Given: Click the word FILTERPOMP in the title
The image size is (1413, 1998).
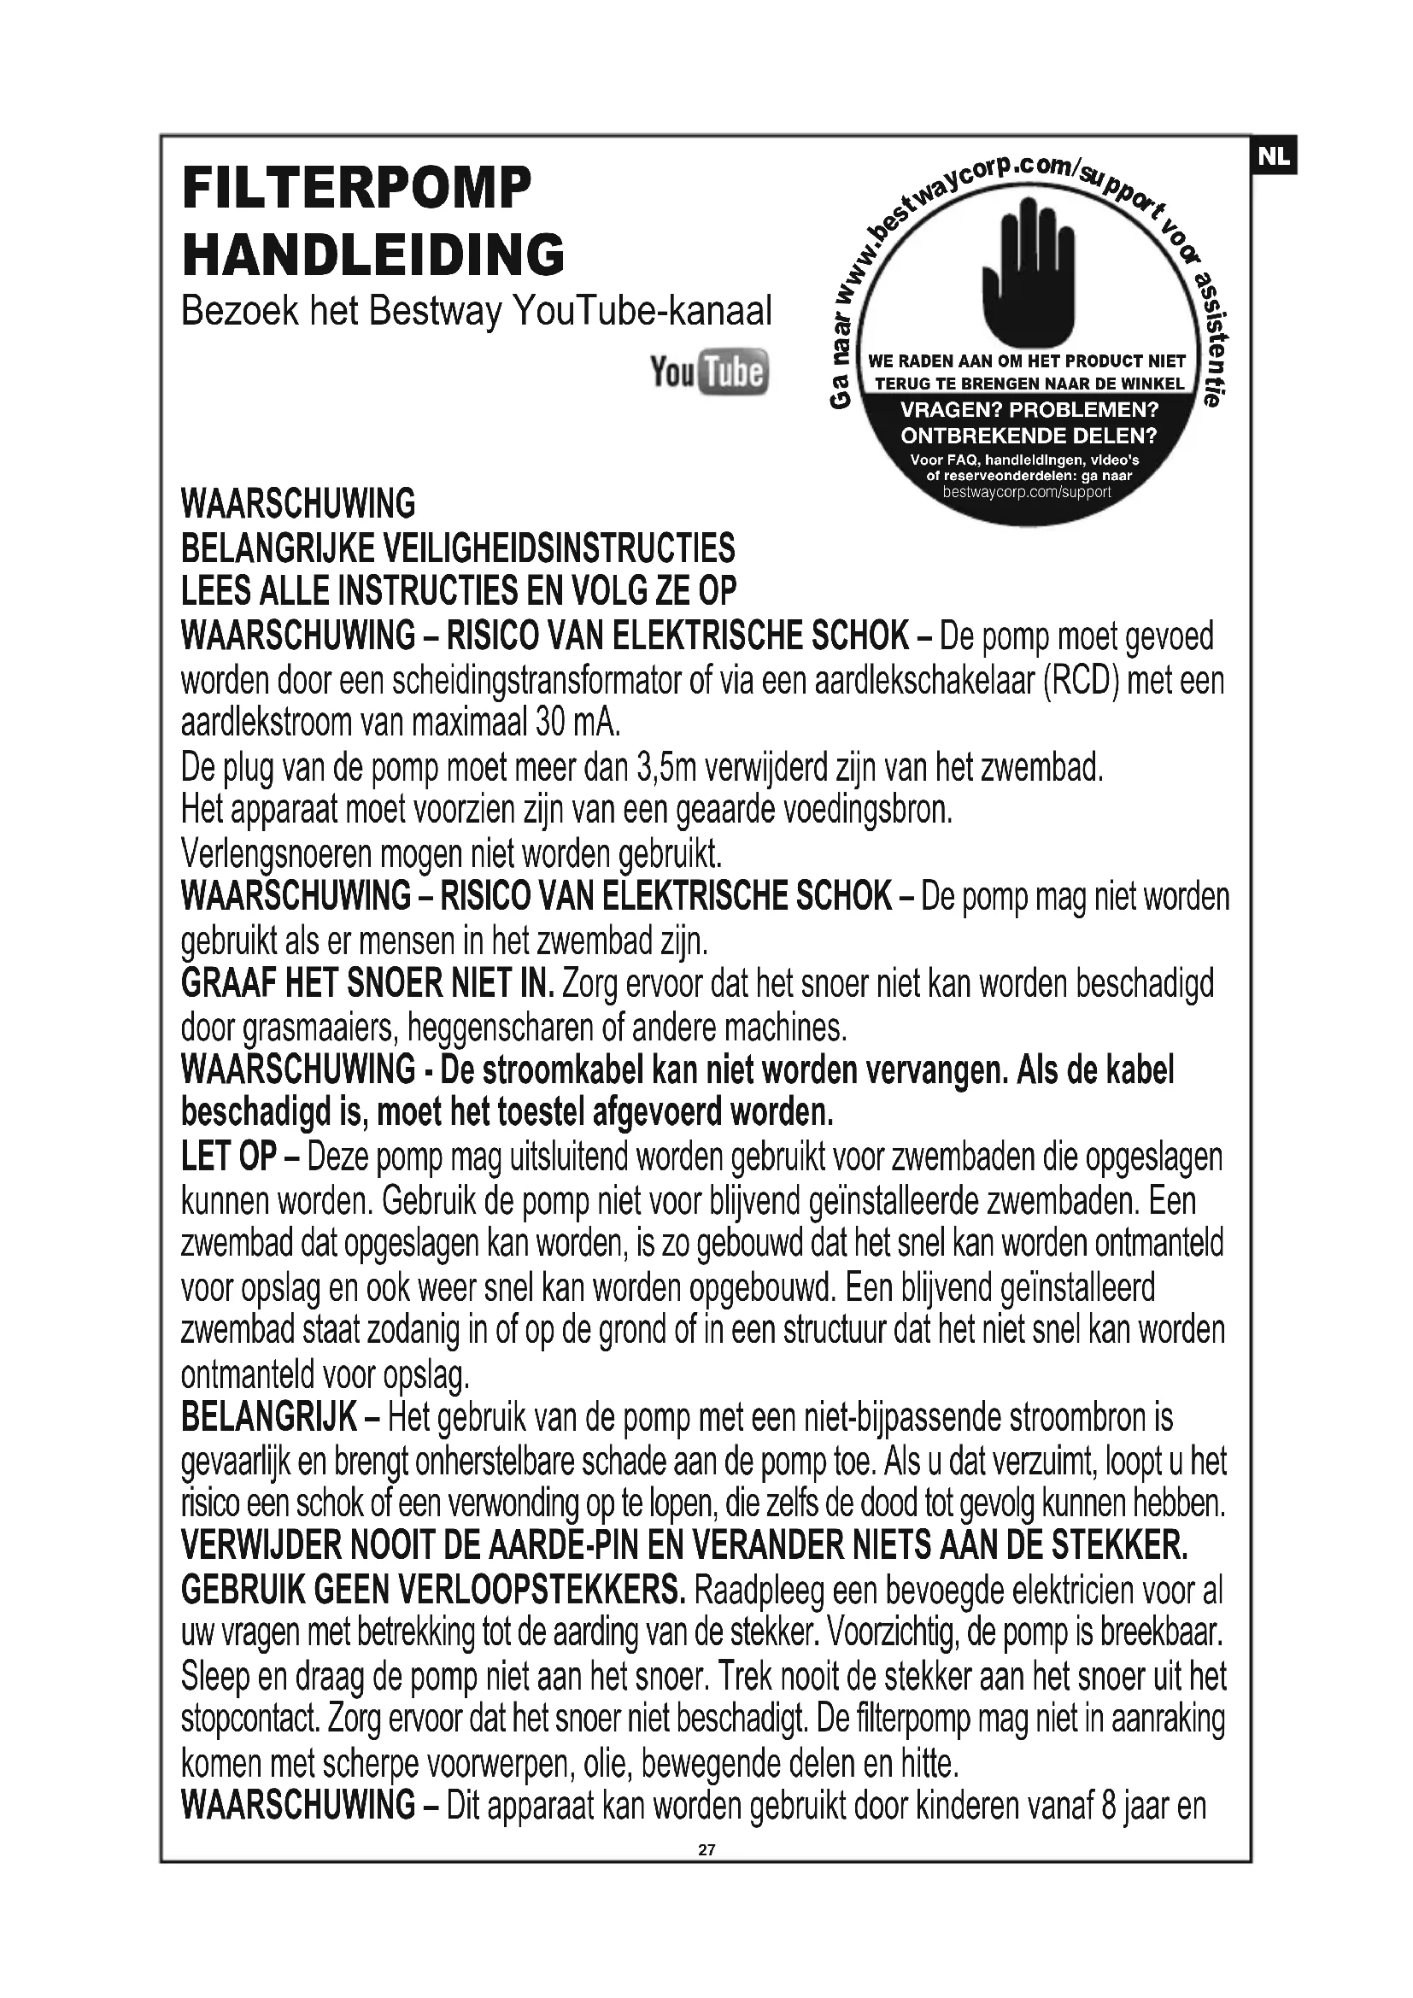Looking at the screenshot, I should pos(356,187).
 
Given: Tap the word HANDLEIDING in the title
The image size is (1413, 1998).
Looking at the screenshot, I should pos(373,254).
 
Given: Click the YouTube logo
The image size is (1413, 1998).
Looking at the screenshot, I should pos(709,372).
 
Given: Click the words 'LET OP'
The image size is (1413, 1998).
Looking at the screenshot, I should pos(229,1157).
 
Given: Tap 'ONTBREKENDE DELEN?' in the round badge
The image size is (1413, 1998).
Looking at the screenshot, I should pos(1029,434).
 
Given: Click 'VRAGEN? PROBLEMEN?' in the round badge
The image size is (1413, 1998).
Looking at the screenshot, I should pos(1029,409).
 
